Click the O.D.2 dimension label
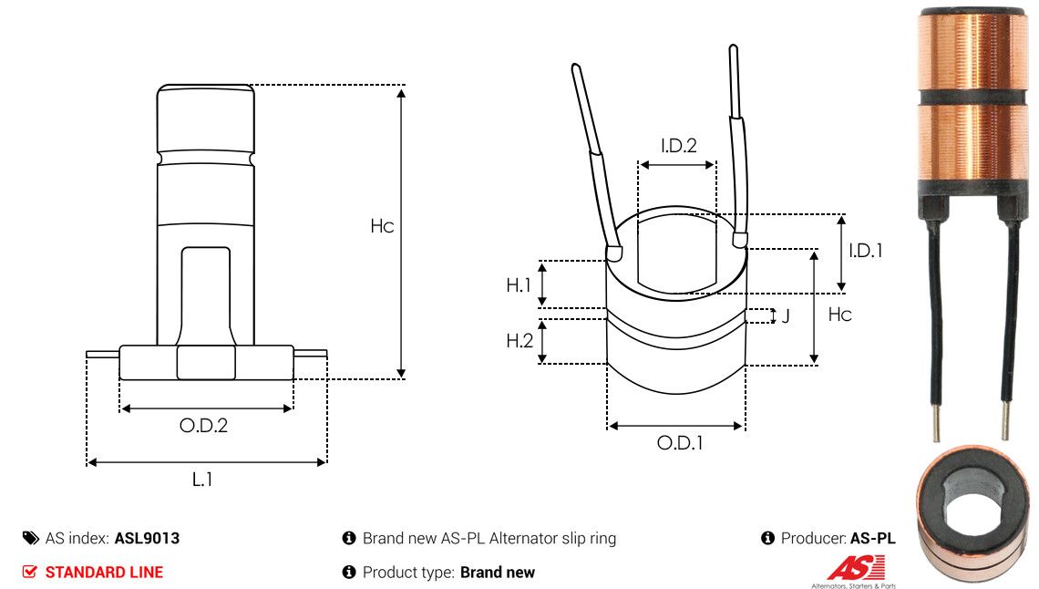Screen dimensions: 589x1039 click(x=203, y=425)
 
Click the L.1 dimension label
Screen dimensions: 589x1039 click(x=202, y=479)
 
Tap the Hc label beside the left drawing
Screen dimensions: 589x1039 click(x=382, y=226)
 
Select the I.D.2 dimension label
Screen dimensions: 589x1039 click(x=678, y=145)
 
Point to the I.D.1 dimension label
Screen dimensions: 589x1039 click(x=865, y=250)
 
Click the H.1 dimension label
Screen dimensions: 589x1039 click(x=519, y=285)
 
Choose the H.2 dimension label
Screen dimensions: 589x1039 click(x=519, y=341)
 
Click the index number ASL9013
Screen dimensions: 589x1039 click(x=147, y=538)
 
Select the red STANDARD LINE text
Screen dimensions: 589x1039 click(x=104, y=573)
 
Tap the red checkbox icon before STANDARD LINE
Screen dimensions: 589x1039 click(x=30, y=573)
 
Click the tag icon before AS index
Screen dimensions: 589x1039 click(x=30, y=538)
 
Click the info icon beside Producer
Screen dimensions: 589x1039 click(x=767, y=538)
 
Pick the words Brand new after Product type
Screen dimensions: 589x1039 click(x=497, y=573)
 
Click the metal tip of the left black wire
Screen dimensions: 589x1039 click(x=936, y=422)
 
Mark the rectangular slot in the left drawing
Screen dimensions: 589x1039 click(x=205, y=295)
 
